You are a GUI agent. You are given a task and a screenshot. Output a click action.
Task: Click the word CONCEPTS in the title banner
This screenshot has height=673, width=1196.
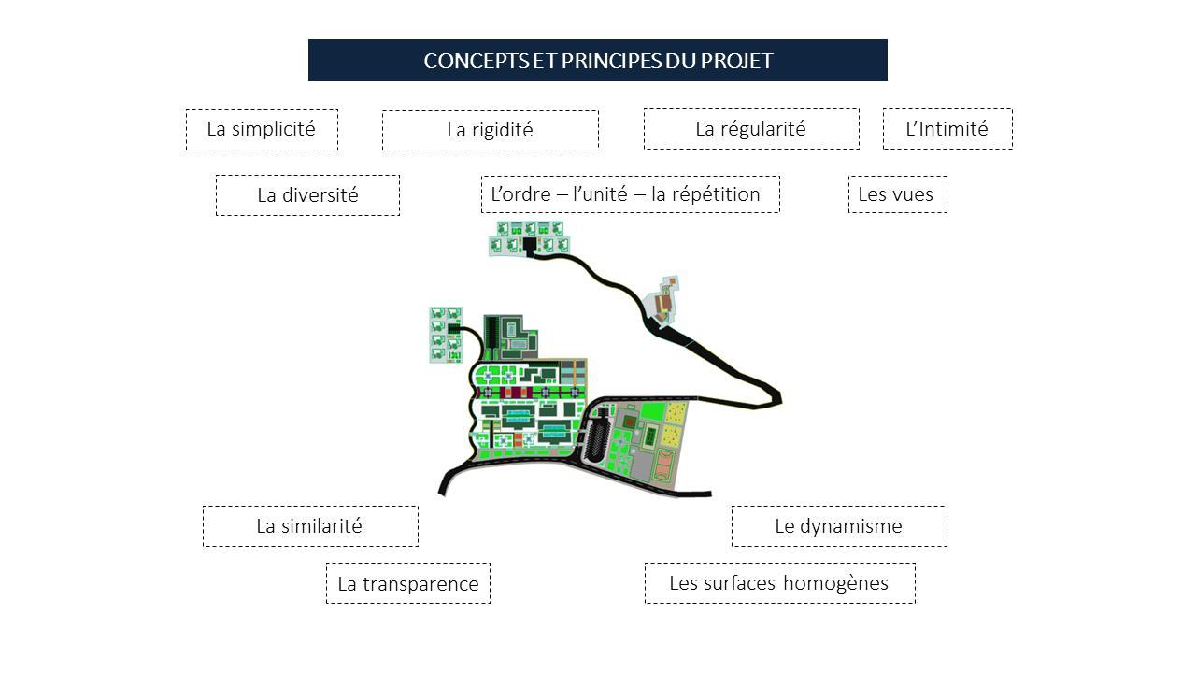(463, 61)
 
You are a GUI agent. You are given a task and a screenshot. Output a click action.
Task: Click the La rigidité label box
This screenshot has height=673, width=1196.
(490, 130)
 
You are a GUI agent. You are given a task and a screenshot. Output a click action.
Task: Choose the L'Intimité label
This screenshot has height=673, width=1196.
(947, 129)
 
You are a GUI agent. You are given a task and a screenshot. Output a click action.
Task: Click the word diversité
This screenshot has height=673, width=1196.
(320, 195)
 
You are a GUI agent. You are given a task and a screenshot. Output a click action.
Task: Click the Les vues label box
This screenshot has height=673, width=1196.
(897, 194)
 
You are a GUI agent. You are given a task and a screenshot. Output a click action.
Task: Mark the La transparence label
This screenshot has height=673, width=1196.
(407, 584)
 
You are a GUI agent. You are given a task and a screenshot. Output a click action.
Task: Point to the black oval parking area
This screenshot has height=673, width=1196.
(597, 437)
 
